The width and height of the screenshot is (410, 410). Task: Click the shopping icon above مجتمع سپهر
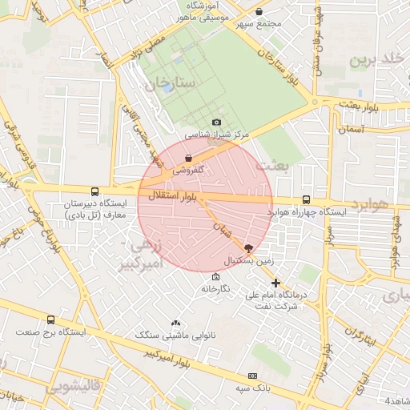259,11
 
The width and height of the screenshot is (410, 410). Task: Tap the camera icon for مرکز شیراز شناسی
216,122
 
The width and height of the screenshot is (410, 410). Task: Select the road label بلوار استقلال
172,195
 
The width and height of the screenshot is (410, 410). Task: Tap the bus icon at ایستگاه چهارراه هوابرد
306,199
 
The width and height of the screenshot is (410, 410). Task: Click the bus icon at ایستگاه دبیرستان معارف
95,192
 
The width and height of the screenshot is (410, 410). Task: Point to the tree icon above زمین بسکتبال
248,249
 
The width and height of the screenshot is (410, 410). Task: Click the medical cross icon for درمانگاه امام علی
276,283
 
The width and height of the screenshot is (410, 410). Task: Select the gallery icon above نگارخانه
215,276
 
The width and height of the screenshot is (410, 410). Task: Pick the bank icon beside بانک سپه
253,376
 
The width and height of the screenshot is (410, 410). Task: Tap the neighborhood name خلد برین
375,60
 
